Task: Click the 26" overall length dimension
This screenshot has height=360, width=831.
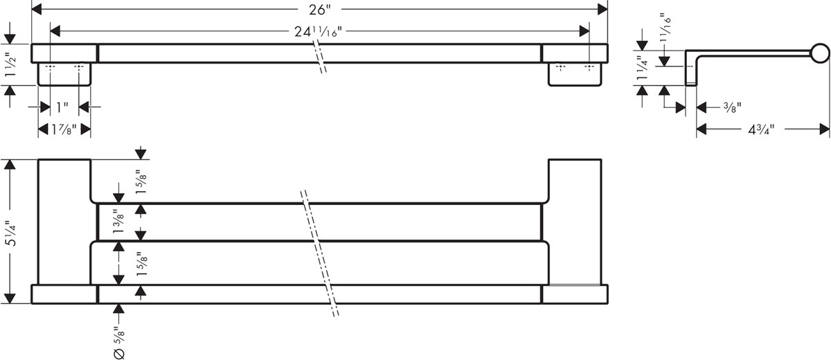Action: pyautogui.click(x=319, y=10)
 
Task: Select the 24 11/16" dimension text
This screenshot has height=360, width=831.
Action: pyautogui.click(x=318, y=32)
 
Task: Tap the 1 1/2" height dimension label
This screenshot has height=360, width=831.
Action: pyautogui.click(x=10, y=65)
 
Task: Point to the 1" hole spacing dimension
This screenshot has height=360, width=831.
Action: pyautogui.click(x=62, y=107)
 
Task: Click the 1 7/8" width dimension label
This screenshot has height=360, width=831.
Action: pyautogui.click(x=64, y=129)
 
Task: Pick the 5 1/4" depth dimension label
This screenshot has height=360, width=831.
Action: pyautogui.click(x=10, y=233)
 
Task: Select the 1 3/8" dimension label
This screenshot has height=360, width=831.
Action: pyautogui.click(x=118, y=222)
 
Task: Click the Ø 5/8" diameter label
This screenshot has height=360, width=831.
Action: pyautogui.click(x=118, y=343)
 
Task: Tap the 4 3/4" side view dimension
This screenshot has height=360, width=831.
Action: pyautogui.click(x=761, y=129)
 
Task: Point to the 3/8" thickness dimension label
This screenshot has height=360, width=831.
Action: pyautogui.click(x=732, y=107)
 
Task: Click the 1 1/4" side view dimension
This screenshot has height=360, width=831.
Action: pyautogui.click(x=642, y=68)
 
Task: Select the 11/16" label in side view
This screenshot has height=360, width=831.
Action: pyautogui.click(x=665, y=24)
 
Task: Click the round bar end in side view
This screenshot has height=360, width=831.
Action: pyautogui.click(x=820, y=53)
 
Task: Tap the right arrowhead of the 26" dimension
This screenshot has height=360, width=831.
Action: pyautogui.click(x=602, y=10)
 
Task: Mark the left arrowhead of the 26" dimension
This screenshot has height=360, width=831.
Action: pyautogui.click(x=36, y=10)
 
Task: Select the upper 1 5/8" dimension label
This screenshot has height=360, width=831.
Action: pyautogui.click(x=142, y=182)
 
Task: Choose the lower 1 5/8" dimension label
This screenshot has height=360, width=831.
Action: pyautogui.click(x=142, y=264)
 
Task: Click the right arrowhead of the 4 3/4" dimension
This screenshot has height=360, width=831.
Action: pyautogui.click(x=824, y=129)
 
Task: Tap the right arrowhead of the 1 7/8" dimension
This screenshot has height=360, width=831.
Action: pyautogui.click(x=86, y=129)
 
